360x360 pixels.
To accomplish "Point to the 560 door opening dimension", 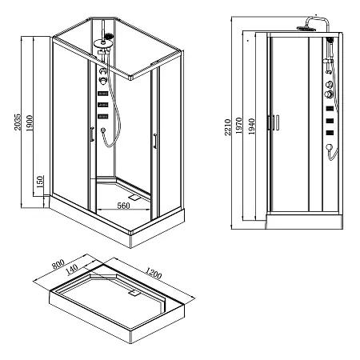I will point(123,206).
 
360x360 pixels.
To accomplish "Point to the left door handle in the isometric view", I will point(94,137).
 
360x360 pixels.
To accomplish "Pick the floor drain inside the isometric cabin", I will point(132,193).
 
